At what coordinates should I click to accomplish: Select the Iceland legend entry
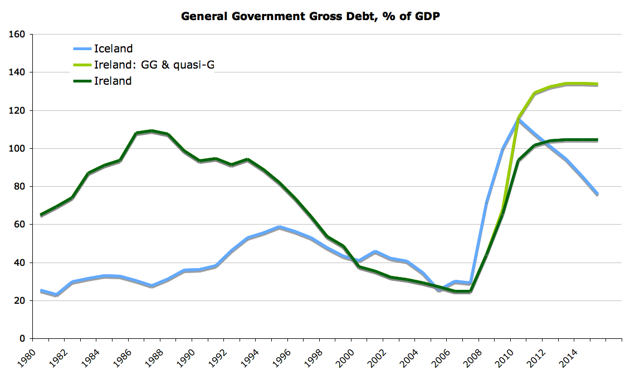pyautogui.click(x=113, y=48)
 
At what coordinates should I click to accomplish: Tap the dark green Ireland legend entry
pyautogui.click(x=113, y=81)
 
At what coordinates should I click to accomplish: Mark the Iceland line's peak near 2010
pyautogui.click(x=519, y=118)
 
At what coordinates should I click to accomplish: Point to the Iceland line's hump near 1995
pyautogui.click(x=279, y=227)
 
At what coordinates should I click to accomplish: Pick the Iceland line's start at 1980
pyautogui.click(x=42, y=291)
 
